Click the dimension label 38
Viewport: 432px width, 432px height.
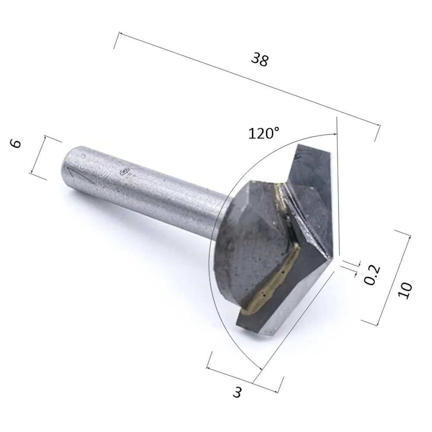tap(260, 59)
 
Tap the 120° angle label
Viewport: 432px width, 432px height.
tap(264, 133)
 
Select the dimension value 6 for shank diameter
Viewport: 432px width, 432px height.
tap(16, 144)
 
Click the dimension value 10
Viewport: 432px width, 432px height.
tap(405, 290)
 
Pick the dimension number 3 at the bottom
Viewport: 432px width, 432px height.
tap(237, 392)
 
